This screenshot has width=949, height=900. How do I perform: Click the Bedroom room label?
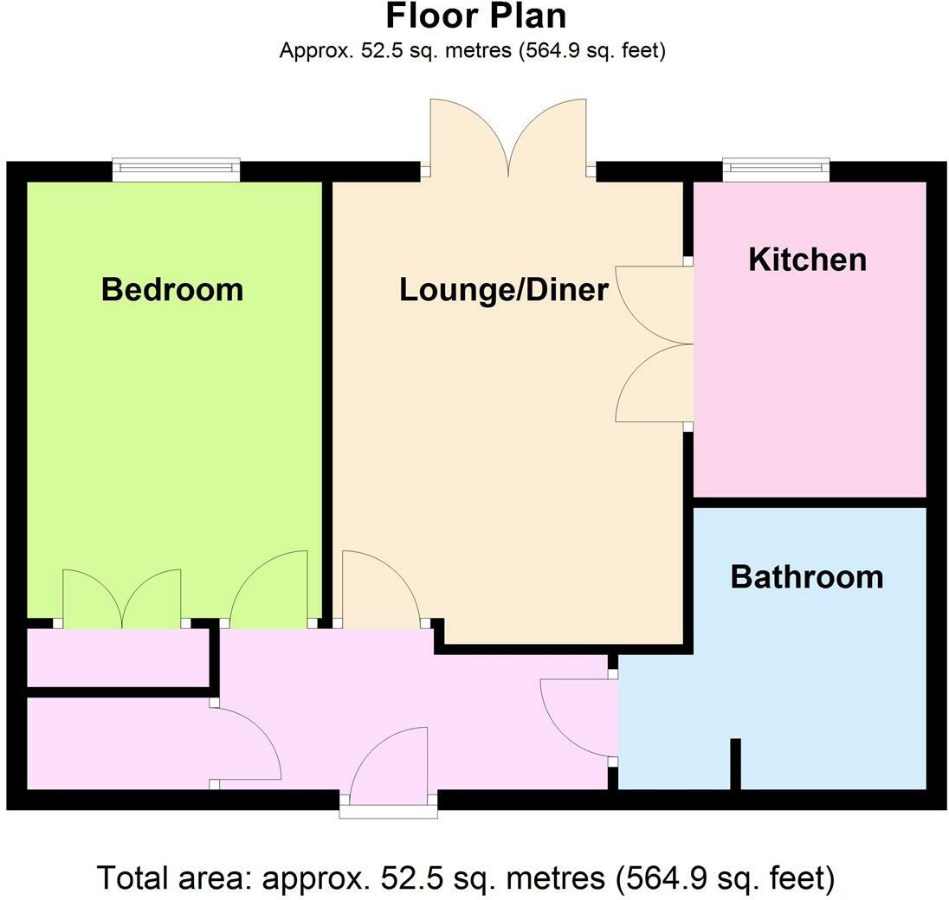(172, 289)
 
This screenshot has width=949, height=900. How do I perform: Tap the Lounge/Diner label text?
(504, 290)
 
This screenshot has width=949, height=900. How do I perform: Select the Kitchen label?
(807, 259)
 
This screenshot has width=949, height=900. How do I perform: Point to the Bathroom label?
(807, 576)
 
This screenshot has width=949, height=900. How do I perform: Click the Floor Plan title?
(475, 16)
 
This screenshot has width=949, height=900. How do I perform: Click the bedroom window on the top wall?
(176, 169)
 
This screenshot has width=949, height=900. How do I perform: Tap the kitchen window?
(776, 169)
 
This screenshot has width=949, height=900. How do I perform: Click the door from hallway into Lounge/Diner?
(379, 592)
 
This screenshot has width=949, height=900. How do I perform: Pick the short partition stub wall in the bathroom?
(735, 763)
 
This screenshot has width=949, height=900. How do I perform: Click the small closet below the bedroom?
(118, 657)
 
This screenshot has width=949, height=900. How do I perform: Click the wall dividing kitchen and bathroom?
(810, 502)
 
